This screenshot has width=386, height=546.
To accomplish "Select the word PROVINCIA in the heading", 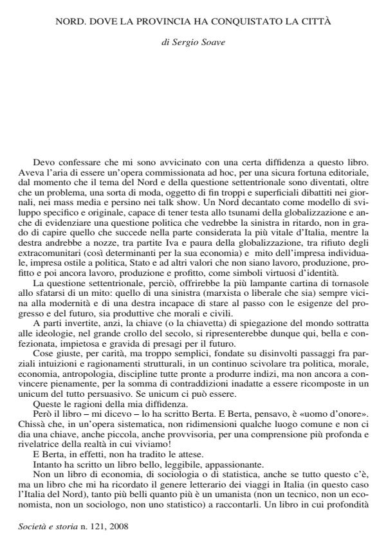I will pyautogui.click(x=150, y=21).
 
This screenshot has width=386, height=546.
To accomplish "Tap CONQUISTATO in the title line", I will pyautogui.click(x=239, y=21).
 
